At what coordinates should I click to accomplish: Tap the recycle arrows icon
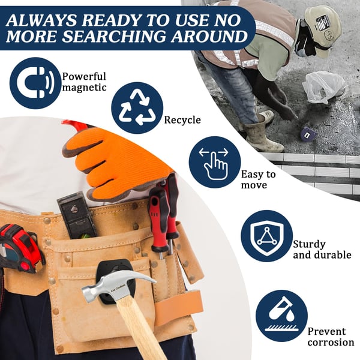[137, 108]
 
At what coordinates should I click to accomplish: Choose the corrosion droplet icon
[282, 316]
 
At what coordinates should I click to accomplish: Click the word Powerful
[84, 76]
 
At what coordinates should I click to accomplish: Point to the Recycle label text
[182, 120]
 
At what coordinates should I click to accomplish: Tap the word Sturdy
[309, 245]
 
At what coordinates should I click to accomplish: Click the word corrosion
[331, 343]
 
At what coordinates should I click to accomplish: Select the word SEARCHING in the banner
[113, 36]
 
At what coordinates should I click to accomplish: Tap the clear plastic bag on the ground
[324, 87]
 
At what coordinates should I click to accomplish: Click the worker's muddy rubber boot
[264, 138]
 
